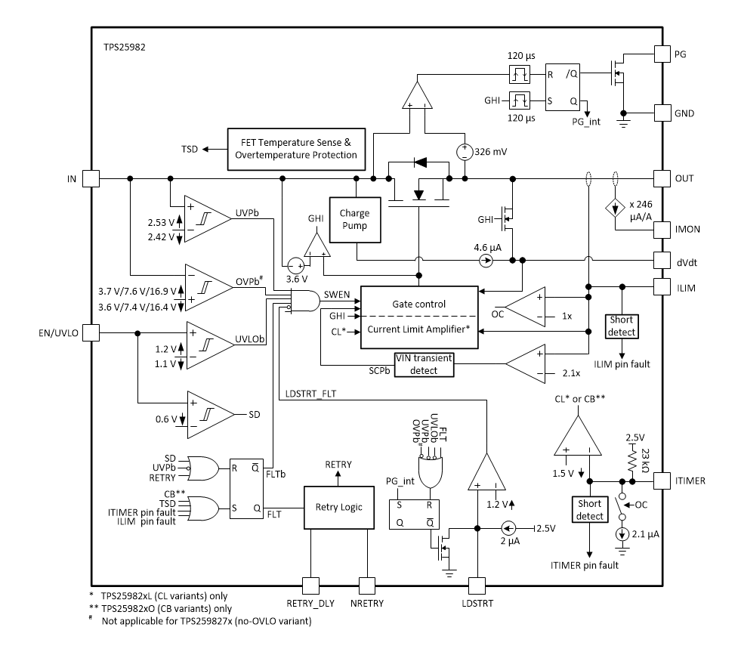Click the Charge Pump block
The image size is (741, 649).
(x=354, y=219)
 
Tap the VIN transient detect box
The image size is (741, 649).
(x=425, y=365)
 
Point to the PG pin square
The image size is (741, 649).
(x=662, y=54)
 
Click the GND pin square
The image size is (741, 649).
(x=662, y=113)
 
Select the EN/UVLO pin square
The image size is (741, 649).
(x=91, y=332)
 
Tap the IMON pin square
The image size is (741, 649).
(x=662, y=227)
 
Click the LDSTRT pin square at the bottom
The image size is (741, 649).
(x=477, y=585)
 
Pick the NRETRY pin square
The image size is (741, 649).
(x=367, y=585)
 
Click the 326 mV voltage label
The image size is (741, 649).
(x=491, y=151)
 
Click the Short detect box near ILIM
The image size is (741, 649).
(x=622, y=326)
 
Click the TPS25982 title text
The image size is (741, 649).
(x=125, y=47)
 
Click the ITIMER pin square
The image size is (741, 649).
(x=662, y=481)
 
